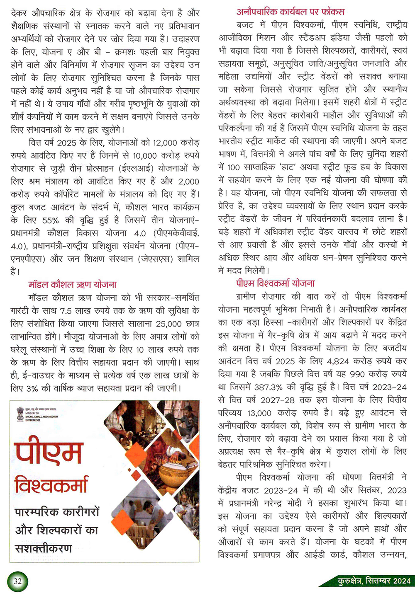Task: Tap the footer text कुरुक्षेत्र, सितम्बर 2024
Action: (x=374, y=581)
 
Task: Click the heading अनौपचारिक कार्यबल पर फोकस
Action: (x=290, y=12)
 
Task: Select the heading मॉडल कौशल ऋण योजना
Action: (x=72, y=285)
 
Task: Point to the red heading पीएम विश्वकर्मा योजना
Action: (x=276, y=283)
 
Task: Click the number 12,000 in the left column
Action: (x=165, y=143)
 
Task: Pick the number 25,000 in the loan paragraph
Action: (x=169, y=324)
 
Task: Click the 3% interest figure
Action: (x=32, y=389)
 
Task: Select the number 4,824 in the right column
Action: (x=338, y=361)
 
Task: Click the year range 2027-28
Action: (x=278, y=400)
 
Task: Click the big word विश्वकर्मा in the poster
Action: (x=51, y=484)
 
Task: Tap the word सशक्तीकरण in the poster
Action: (x=44, y=548)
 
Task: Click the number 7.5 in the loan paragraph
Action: (x=66, y=311)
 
